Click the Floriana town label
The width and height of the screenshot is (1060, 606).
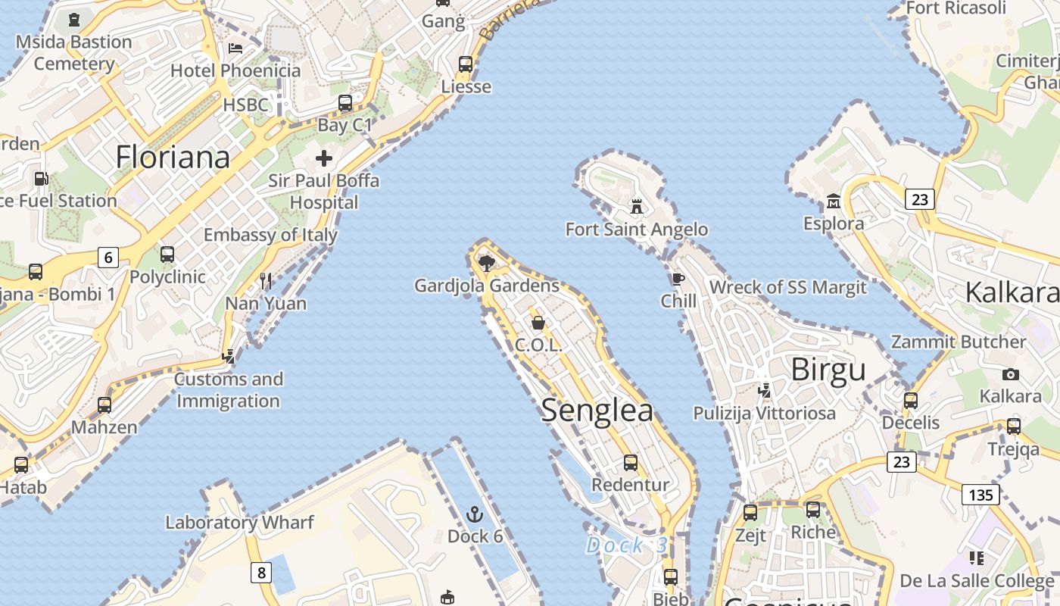point(173,158)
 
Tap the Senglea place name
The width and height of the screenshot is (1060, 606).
point(597,410)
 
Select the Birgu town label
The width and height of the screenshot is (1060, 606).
point(828,370)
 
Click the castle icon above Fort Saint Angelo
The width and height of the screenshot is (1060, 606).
point(637,206)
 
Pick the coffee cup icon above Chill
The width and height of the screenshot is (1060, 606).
point(678,279)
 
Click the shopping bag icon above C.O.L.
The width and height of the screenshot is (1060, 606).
point(538,323)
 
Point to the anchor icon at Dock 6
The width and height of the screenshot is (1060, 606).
point(475,515)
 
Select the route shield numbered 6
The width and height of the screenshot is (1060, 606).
point(108,258)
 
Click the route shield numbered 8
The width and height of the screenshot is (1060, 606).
point(261,572)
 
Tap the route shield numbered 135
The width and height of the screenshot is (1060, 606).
point(980,495)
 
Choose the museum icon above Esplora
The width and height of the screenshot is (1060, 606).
point(834,201)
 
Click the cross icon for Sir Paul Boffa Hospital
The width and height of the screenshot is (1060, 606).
point(324,158)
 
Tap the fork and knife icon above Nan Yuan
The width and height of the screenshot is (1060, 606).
point(266,281)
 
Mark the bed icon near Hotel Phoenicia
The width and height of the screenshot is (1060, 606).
point(235,48)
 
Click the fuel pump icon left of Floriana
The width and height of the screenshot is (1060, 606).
point(41,180)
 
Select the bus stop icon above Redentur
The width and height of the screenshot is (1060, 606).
point(631,462)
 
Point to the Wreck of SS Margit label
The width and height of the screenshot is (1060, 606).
point(787,288)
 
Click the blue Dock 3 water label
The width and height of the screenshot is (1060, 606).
point(627,545)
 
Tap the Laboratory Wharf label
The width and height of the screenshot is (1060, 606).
point(239,522)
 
